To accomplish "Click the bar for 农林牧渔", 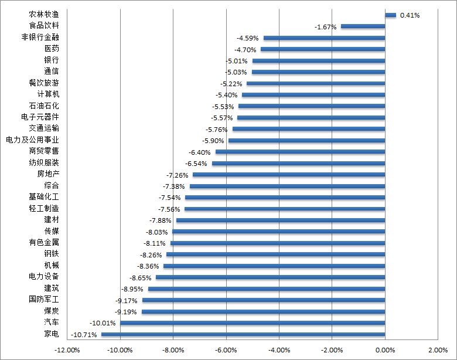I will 390,15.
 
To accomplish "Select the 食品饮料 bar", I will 363,26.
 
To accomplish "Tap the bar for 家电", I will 243,334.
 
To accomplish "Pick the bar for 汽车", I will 253,322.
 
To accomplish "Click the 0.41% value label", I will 410,15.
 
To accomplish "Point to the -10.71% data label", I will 84,334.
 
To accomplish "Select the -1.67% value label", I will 325,27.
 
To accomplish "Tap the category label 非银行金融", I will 40,38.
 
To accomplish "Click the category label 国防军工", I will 44,300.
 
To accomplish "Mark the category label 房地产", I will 48,174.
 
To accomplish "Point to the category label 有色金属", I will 44,242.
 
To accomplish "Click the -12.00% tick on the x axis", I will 67,350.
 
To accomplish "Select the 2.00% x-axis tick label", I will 438,350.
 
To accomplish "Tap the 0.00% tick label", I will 385,350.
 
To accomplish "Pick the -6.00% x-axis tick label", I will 226,350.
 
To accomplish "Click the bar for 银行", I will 319,60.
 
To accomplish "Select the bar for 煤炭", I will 264,311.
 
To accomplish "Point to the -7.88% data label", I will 161,220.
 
